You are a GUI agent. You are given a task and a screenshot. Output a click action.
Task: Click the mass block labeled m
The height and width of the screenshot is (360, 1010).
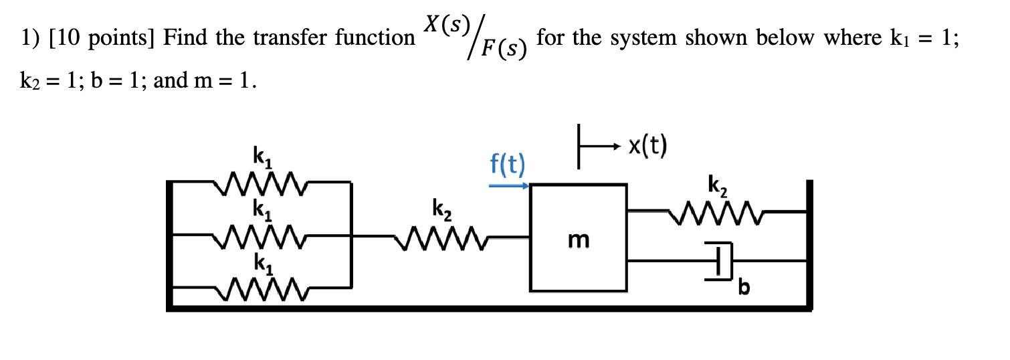(579, 237)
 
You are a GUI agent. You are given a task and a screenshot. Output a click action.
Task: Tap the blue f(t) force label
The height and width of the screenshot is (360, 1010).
(506, 164)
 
